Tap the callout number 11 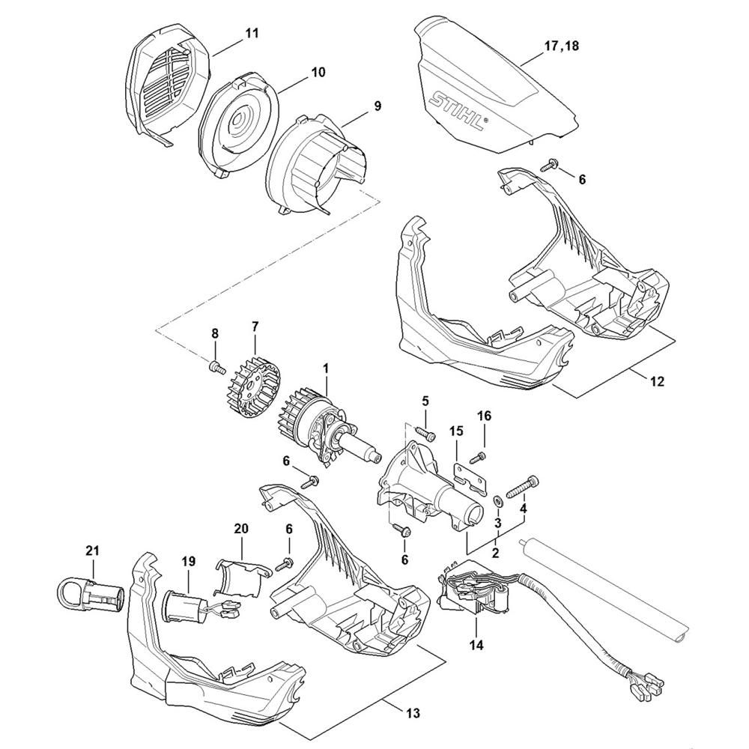(252, 34)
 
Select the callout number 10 (318, 72)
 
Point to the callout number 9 (377, 106)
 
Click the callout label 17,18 (561, 46)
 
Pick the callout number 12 (658, 381)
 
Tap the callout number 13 (413, 713)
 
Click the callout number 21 (92, 551)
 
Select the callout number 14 (476, 646)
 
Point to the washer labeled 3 (497, 501)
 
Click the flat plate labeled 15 (470, 478)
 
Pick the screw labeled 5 (425, 433)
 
